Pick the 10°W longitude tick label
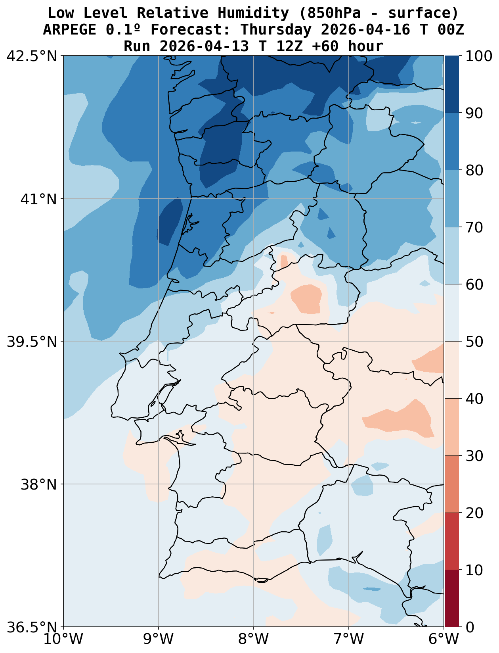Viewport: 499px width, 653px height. (x=63, y=639)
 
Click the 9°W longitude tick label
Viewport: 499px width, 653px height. (x=159, y=639)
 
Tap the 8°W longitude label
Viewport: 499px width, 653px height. (x=254, y=639)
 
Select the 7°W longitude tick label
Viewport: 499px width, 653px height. (x=349, y=639)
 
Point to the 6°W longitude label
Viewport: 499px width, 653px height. (x=444, y=639)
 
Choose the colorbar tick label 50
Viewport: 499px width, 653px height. (x=474, y=342)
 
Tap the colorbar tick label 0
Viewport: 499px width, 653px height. (x=470, y=627)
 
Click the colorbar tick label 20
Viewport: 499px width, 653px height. (x=474, y=513)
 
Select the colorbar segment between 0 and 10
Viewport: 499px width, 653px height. (x=452, y=599)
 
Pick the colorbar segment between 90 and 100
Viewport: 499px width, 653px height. (x=452, y=85)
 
